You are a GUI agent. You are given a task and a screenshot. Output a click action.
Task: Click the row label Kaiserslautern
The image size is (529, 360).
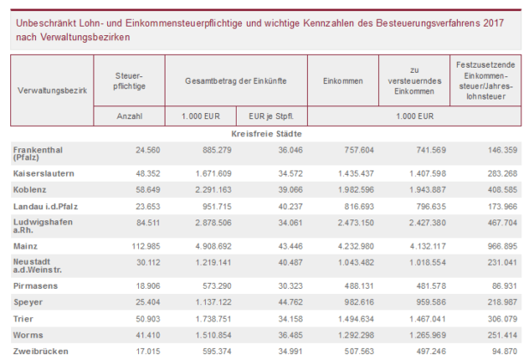pos(44,173)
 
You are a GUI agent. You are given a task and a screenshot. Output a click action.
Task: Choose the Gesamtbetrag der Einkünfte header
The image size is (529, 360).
pos(235,80)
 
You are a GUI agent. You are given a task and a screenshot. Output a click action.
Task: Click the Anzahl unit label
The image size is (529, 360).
pos(129,115)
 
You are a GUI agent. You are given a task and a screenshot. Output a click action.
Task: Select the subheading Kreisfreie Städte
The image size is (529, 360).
pos(266,135)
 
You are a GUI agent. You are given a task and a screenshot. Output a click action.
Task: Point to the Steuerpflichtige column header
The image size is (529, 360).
pos(129,80)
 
